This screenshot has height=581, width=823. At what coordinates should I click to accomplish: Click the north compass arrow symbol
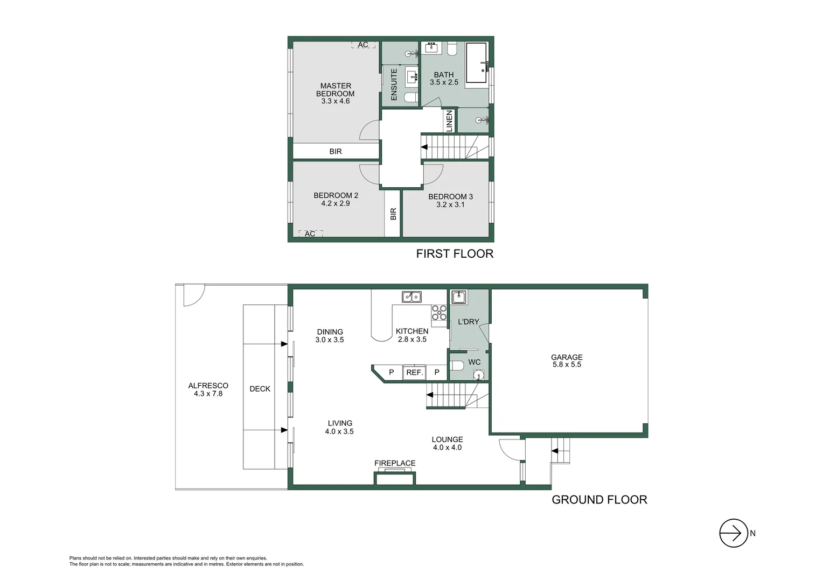click(x=734, y=533)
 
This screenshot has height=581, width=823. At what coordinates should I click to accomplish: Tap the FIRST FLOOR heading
click(x=455, y=253)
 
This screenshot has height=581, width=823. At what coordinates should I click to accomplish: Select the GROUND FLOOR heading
click(x=599, y=500)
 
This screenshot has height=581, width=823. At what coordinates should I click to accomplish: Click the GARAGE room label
click(x=567, y=357)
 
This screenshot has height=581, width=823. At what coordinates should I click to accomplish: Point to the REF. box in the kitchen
click(x=414, y=372)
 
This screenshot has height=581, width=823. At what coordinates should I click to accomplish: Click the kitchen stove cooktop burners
click(x=439, y=313)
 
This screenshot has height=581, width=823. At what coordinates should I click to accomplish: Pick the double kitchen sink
click(x=412, y=296)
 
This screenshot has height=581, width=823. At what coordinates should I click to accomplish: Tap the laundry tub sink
click(x=458, y=297)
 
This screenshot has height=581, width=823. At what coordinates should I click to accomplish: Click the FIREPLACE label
click(x=395, y=463)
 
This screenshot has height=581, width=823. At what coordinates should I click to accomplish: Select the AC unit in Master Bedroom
click(x=363, y=45)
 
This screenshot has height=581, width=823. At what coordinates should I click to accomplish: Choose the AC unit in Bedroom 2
click(x=310, y=233)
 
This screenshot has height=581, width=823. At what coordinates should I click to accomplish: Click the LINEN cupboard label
click(x=449, y=121)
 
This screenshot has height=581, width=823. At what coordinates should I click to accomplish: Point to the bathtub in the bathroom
click(x=476, y=62)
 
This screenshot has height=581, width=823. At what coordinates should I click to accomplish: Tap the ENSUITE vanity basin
click(x=412, y=77)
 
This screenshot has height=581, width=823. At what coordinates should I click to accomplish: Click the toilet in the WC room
click(x=457, y=366)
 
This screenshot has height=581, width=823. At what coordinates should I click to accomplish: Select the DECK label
click(x=260, y=389)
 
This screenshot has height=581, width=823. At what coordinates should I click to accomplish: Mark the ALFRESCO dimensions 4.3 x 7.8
click(x=208, y=393)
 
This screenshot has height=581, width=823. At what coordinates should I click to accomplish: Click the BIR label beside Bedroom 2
click(x=393, y=214)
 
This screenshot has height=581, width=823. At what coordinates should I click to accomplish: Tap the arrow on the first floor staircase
click(x=424, y=147)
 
